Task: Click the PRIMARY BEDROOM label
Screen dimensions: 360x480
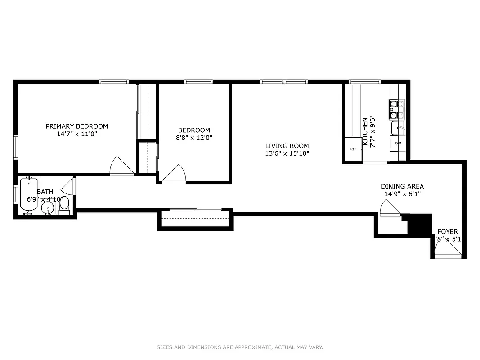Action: point(77,126)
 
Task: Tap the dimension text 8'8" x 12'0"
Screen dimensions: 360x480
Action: point(194,138)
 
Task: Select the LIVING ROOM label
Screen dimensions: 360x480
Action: point(287,146)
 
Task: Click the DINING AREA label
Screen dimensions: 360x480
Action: point(402,186)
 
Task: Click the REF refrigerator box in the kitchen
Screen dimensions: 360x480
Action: point(353,149)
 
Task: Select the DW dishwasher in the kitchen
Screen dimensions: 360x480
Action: point(398,144)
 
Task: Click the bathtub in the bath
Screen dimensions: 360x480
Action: point(29,194)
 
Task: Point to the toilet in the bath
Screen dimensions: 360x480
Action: point(64,204)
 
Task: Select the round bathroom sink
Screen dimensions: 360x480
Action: point(47,207)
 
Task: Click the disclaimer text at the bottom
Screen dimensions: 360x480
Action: point(240,347)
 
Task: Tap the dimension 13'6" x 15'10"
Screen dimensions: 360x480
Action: point(287,153)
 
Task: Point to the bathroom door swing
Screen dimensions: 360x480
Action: point(68,185)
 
